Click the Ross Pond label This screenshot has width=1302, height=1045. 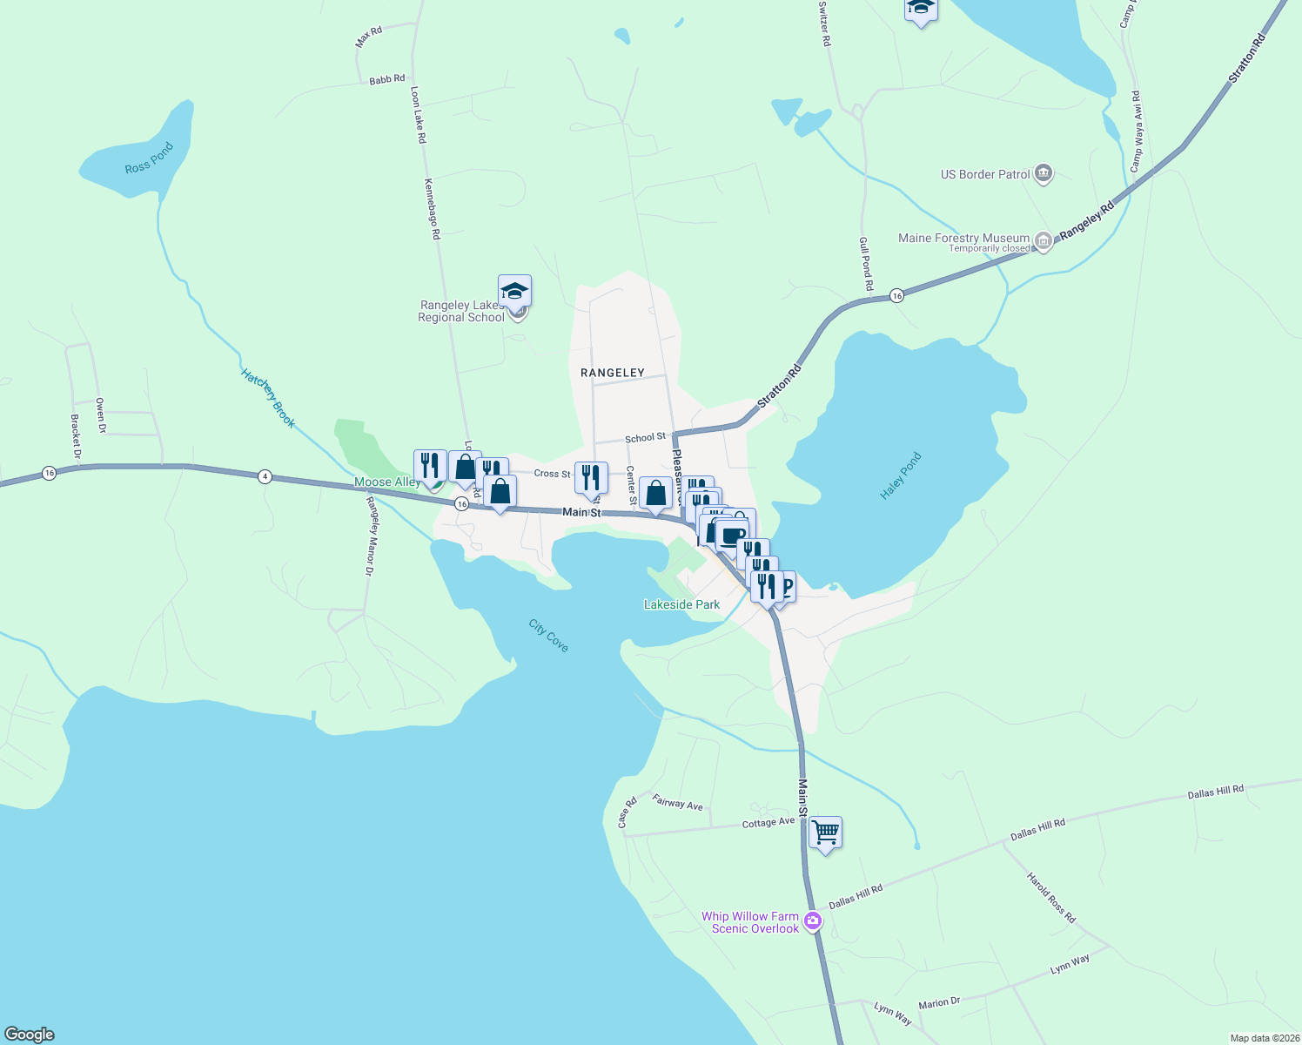[150, 158]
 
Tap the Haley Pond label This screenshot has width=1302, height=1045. [900, 475]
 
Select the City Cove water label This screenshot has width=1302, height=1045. [548, 635]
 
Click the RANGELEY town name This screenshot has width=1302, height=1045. [613, 373]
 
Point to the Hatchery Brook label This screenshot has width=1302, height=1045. [268, 399]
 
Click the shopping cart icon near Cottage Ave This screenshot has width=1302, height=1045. [825, 833]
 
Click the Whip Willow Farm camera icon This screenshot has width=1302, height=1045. [812, 920]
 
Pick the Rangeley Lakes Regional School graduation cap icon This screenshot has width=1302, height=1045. [514, 291]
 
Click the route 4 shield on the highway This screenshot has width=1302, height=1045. [265, 476]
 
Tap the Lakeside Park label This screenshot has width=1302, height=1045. [681, 604]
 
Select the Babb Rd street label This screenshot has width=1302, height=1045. [386, 79]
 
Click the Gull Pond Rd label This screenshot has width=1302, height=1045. [866, 263]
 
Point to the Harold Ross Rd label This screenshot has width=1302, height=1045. [1051, 898]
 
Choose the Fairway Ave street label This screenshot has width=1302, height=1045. [677, 803]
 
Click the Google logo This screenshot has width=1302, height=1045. [30, 1035]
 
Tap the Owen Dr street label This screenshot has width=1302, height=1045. [100, 415]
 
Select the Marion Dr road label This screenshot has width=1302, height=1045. [939, 1003]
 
